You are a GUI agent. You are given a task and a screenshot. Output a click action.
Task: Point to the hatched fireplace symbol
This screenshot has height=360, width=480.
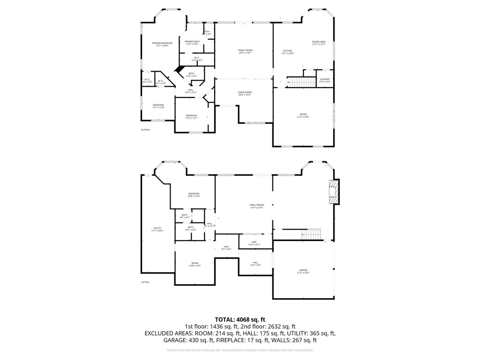pyautogui.click(x=333, y=192)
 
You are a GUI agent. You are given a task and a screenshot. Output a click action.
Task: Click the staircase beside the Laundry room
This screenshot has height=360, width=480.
pyautogui.click(x=296, y=82)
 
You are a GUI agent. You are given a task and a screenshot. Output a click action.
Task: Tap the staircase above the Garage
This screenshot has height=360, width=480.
pyautogui.click(x=311, y=234)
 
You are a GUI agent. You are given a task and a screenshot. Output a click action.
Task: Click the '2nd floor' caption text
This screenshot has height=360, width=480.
pyautogui.click(x=145, y=129)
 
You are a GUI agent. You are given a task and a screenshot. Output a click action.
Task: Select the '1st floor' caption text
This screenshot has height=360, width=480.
pyautogui.click(x=145, y=282)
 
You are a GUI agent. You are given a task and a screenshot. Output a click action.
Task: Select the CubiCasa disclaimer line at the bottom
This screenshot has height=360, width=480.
pyautogui.click(x=240, y=350)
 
